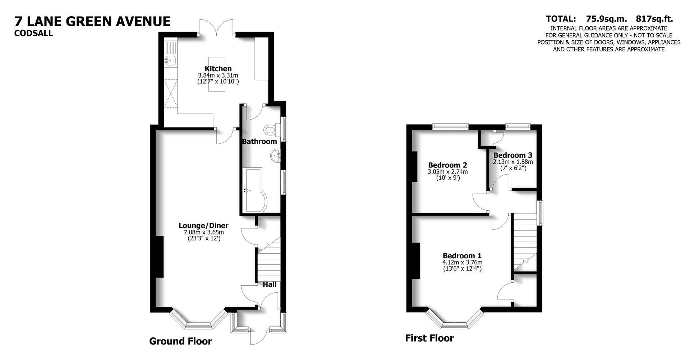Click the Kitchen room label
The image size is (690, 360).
tap(218, 69)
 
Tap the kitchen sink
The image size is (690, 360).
tap(171, 61)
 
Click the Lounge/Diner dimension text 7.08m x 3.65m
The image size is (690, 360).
tap(203, 232)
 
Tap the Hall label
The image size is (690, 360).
tap(270, 284)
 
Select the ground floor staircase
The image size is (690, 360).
tap(268, 264)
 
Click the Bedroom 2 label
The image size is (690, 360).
tap(447, 165)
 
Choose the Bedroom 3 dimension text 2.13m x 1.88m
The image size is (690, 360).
tap(513, 162)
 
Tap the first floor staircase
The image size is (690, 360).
tap(524, 241)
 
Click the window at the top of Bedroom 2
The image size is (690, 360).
tap(450, 126)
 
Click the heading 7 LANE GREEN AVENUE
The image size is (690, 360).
tap(92, 21)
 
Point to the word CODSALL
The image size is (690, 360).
tap(33, 33)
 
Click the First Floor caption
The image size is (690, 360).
tap(429, 338)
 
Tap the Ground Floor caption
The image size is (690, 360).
tap(180, 341)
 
